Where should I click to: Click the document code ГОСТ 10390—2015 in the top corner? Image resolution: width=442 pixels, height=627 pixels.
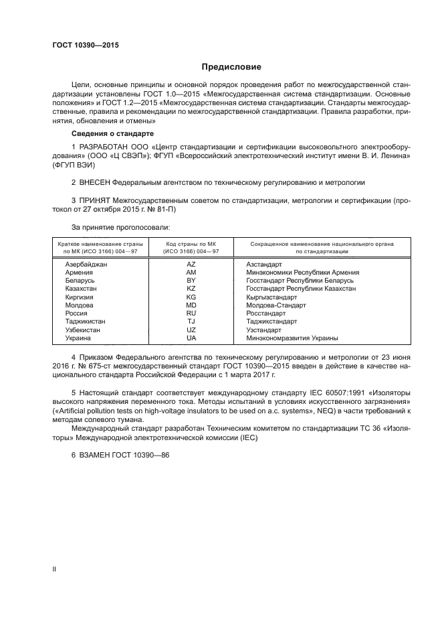85,45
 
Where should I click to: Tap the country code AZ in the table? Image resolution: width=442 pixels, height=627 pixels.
191,265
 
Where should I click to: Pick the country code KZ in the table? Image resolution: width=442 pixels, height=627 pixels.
191,289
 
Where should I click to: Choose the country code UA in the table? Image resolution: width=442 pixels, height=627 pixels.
191,338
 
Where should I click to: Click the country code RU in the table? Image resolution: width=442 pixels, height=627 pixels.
191,313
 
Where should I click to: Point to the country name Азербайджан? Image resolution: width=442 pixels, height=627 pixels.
86,265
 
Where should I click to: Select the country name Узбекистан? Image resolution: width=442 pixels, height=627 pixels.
83,330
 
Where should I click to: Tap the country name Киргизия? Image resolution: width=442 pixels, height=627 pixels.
80,297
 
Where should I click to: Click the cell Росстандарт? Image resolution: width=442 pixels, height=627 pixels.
266,313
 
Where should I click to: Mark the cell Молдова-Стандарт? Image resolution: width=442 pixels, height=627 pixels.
276,305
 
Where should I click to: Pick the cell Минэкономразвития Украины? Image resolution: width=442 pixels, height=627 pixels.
292,338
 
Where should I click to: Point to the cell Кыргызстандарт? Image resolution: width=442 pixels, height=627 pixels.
271,297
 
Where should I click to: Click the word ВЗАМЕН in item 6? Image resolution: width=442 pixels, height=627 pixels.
97,454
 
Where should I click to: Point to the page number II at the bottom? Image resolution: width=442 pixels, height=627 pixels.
55,569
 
